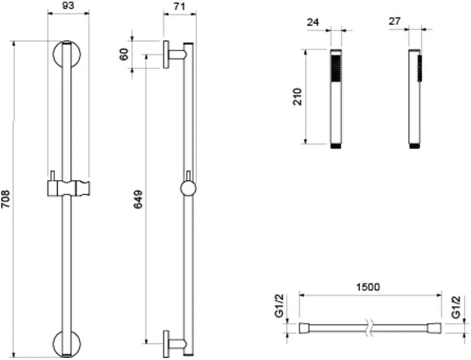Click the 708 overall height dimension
(x=6, y=199)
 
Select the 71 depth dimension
(x=179, y=6)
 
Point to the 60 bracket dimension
(x=124, y=54)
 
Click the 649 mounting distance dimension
(x=138, y=199)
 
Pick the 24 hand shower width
(x=313, y=22)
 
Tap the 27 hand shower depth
(x=394, y=21)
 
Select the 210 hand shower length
(x=297, y=96)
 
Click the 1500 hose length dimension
(x=368, y=287)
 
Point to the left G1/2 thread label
(x=280, y=306)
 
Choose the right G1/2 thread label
(x=456, y=307)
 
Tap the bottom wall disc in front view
(x=67, y=344)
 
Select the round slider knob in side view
(x=188, y=189)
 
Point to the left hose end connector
(x=304, y=328)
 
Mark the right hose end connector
(x=436, y=328)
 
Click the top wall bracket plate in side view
(x=166, y=54)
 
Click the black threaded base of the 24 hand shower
(x=336, y=146)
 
